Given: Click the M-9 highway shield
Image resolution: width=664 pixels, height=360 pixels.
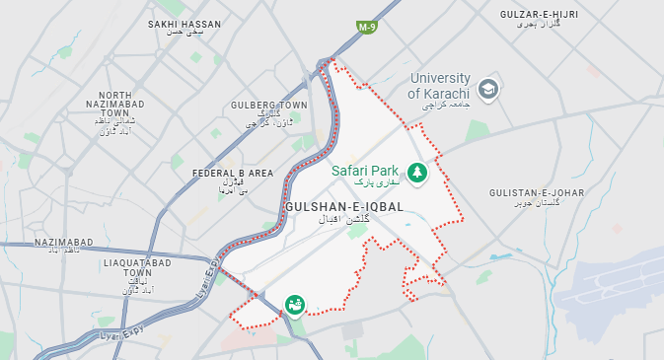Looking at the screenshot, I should pos(367,28).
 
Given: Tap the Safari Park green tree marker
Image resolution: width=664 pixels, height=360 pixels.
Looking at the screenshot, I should pos(417,174).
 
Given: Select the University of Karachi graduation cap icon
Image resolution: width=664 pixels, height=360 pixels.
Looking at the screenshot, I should pos(488,90).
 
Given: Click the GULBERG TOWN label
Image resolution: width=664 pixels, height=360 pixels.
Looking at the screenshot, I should pos(268,105).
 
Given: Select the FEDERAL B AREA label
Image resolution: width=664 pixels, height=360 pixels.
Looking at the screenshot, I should pos(233,173).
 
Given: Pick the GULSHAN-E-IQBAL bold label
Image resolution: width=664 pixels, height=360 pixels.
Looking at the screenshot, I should pos(343,206).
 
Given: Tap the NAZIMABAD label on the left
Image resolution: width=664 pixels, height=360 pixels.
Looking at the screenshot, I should pos(63,242).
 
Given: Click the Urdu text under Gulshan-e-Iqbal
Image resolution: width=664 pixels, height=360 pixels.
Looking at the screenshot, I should pos(343,222).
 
